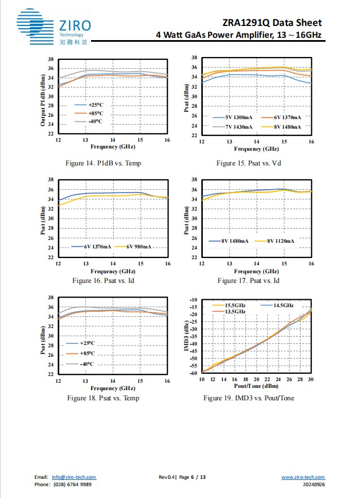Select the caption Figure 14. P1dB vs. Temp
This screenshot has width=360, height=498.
coord(103,163)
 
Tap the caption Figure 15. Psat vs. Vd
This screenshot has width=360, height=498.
coord(249,163)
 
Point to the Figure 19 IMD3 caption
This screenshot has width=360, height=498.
coord(249,398)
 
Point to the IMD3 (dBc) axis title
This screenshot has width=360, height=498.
coord(186,337)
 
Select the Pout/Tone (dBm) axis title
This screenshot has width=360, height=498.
coord(256,386)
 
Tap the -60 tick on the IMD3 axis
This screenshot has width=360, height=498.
coord(193,373)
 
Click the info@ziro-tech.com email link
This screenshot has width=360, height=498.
coord(74,477)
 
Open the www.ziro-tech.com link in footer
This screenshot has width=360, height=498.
coord(303,477)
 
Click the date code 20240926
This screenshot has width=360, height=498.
coord(314,484)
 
